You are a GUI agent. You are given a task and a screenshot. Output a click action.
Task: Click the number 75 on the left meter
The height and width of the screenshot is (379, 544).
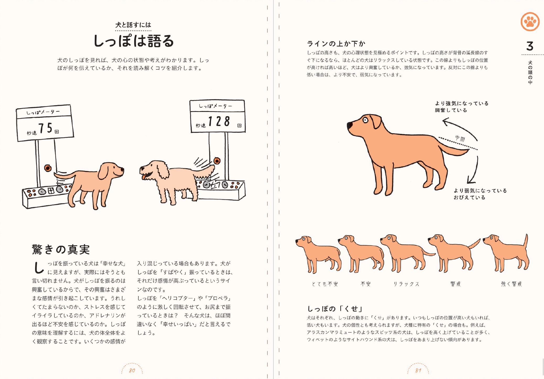[x=45, y=128]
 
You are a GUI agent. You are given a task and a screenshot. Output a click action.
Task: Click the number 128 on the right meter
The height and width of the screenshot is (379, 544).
[x=219, y=122]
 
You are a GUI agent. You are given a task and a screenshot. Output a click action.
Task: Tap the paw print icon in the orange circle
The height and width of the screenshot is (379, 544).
[x=530, y=22]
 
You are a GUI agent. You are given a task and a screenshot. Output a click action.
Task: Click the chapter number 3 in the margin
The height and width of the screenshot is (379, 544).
[x=530, y=46]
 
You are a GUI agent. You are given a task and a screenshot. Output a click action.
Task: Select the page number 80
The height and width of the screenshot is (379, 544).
[x=132, y=370]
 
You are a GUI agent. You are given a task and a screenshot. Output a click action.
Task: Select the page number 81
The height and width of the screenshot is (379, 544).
[x=418, y=370]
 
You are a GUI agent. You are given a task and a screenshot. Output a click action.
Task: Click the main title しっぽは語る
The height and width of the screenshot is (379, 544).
[x=133, y=41]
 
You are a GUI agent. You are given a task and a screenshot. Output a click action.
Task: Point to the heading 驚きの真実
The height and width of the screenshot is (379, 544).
[x=61, y=249]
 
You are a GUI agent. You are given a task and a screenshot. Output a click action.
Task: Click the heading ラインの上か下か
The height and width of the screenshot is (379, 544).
[x=336, y=44]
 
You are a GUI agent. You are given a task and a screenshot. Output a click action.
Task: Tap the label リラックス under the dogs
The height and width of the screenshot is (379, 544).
[x=406, y=284]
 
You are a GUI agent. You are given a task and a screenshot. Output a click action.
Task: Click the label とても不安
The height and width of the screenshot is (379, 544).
[x=325, y=284]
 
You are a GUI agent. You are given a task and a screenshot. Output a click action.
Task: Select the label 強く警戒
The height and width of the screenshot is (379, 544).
[x=511, y=284]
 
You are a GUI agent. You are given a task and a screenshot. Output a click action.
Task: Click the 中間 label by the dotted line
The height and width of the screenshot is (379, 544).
[x=460, y=138]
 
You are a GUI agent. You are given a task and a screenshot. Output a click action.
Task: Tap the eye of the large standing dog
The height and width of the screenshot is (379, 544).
[x=365, y=120]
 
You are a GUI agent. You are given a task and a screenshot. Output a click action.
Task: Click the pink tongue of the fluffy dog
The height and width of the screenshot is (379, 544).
[x=144, y=177]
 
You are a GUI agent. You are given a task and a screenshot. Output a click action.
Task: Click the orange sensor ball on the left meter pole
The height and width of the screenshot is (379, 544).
[x=48, y=168]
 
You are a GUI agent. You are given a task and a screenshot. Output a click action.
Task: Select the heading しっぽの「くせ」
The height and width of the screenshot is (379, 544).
[x=335, y=308]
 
